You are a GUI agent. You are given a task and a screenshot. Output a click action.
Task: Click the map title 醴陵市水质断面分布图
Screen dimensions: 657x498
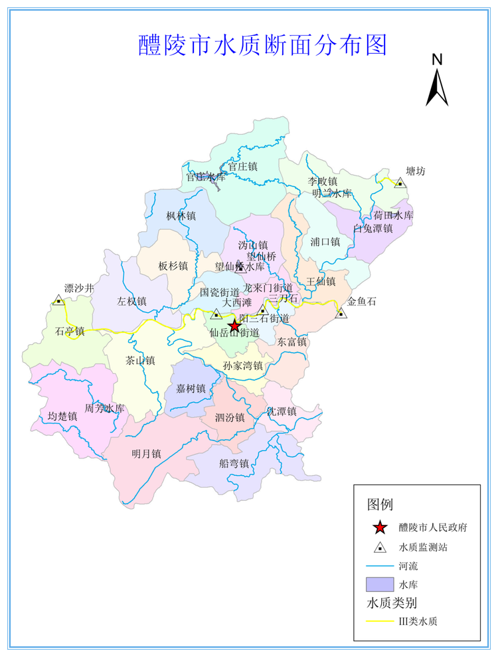(x=262, y=45)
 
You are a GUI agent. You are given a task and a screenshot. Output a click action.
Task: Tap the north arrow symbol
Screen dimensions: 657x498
(x=437, y=83)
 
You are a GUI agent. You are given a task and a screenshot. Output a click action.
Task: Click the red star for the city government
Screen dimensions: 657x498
(x=234, y=326)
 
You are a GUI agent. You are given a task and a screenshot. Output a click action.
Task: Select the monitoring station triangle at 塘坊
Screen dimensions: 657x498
(x=400, y=183)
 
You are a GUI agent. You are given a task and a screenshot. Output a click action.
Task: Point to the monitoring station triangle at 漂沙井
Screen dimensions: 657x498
(x=58, y=300)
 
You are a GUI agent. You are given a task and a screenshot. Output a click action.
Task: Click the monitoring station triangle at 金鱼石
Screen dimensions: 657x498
(x=341, y=312)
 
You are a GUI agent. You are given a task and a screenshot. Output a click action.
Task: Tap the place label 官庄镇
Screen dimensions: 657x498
(x=242, y=166)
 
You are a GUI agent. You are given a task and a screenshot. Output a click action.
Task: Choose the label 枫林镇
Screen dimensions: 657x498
(x=181, y=216)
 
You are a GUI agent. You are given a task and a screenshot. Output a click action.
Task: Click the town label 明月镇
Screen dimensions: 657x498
(x=147, y=454)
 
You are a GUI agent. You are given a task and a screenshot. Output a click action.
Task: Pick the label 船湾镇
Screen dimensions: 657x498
(x=234, y=464)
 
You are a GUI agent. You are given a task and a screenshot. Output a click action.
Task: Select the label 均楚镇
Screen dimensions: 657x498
(x=62, y=417)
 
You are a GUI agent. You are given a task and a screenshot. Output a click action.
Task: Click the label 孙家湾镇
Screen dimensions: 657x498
(x=243, y=366)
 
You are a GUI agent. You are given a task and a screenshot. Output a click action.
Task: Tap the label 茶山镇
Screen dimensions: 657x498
(x=140, y=361)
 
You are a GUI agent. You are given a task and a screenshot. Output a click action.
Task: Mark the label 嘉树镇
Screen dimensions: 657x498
(x=191, y=389)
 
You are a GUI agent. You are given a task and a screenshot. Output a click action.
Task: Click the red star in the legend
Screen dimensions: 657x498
(x=380, y=528)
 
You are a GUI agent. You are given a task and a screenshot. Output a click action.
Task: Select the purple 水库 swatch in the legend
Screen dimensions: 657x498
(x=380, y=585)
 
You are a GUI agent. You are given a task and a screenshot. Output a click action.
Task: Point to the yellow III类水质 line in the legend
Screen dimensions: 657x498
(x=380, y=622)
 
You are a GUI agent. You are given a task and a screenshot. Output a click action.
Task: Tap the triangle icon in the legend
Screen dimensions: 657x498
(x=380, y=548)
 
